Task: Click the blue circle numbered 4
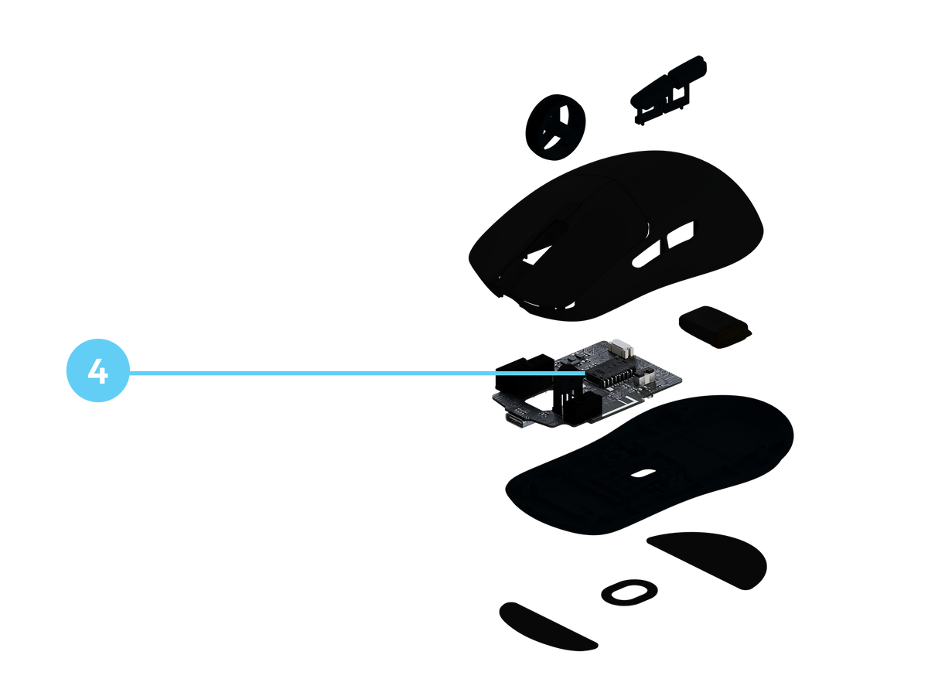coord(97,370)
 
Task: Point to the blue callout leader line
coord(357,373)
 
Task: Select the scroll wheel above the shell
coord(555,127)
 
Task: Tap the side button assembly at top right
coord(668,89)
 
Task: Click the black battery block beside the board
coord(715,326)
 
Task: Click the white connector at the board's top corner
coord(621,347)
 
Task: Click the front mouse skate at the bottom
coord(548,626)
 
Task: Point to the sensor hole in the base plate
coord(643,473)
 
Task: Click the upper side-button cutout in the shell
coord(681,234)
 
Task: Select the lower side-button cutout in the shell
coord(646,253)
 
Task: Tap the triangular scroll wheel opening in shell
coord(537,256)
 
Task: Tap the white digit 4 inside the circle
coord(97,371)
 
